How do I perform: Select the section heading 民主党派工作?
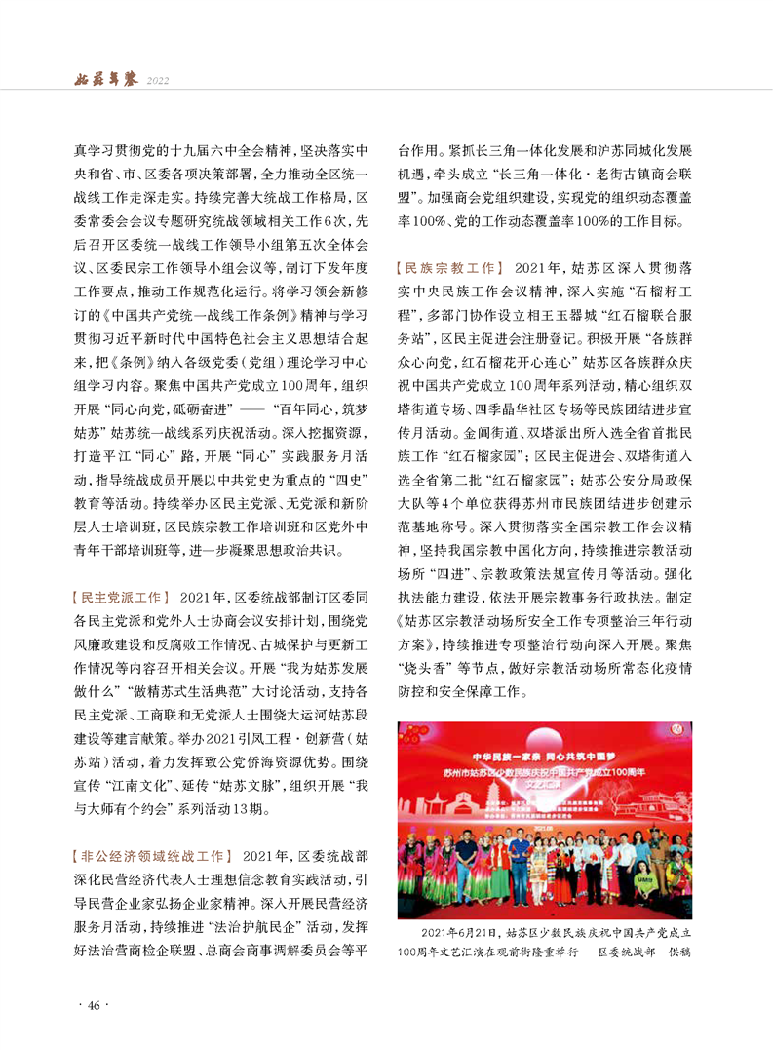click(x=120, y=596)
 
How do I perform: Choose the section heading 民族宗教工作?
click(x=448, y=267)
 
